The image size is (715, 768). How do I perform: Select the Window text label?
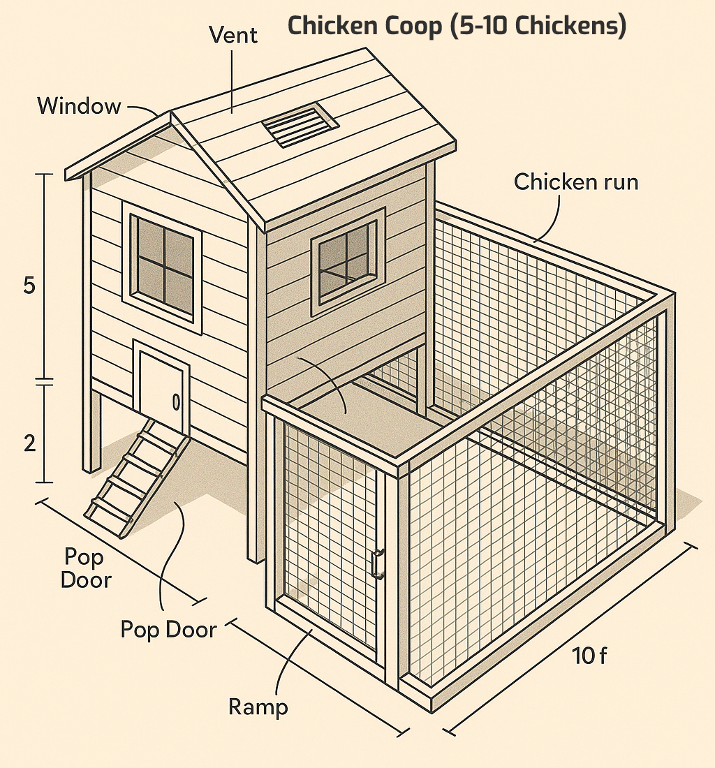(79, 106)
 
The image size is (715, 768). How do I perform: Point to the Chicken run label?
(575, 182)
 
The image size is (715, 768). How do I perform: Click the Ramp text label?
(258, 707)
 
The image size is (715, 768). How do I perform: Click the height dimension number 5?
(29, 286)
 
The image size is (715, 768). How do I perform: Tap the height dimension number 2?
(29, 443)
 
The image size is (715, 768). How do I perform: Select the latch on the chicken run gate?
(378, 563)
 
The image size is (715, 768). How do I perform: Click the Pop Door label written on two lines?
(86, 568)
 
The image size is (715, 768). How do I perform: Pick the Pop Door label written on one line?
(168, 629)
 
